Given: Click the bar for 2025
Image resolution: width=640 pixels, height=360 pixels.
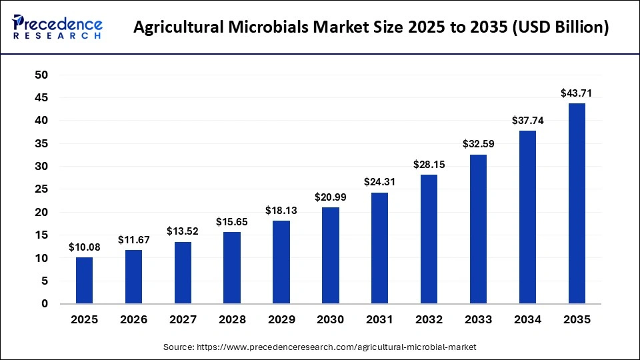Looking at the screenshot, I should click(84, 281).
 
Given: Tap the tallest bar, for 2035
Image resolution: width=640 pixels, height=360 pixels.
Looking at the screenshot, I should click(577, 203).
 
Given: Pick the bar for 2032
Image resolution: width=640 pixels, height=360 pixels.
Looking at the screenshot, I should click(429, 239).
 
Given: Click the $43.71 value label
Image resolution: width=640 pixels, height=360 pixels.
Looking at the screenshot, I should click(577, 93).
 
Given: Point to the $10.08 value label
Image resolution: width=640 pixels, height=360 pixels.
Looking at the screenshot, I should click(84, 247).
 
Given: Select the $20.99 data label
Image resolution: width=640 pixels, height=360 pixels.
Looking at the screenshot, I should click(331, 197).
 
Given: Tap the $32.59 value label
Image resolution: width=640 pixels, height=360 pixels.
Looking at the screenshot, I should click(478, 144).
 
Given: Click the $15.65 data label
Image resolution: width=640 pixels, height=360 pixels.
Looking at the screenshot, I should click(232, 221).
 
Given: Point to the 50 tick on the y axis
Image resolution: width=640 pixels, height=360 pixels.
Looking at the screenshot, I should click(41, 75).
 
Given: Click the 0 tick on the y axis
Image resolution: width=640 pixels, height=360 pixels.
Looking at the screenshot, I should click(45, 304).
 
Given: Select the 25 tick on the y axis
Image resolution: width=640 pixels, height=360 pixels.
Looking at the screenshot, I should click(41, 189).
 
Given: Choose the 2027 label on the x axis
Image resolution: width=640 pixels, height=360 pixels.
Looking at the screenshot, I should click(183, 320).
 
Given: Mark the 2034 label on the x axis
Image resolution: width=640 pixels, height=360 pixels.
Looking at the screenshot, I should click(527, 320).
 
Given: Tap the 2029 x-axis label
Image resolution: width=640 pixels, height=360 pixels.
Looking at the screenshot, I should click(281, 320).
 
